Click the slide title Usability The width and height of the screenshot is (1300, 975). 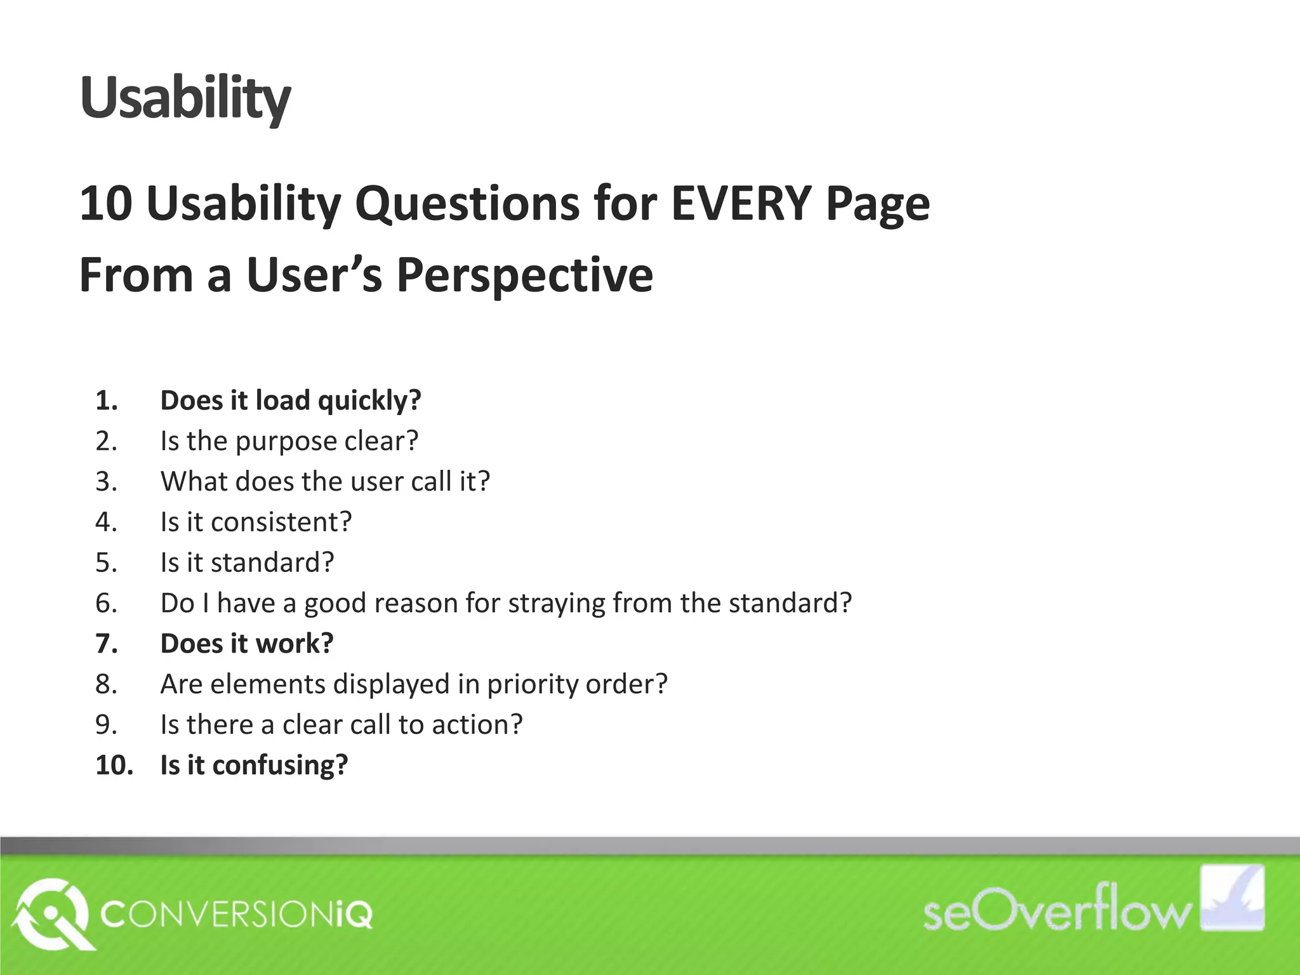(x=185, y=98)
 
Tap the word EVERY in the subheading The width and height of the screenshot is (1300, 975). (x=741, y=204)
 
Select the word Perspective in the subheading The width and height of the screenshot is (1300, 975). (x=524, y=275)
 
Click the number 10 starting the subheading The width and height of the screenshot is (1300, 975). (x=105, y=204)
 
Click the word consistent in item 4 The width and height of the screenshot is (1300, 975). (x=281, y=522)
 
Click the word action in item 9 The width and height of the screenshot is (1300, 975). (x=477, y=725)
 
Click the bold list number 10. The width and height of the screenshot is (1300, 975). (x=114, y=765)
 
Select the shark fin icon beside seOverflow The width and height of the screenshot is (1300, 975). (x=1232, y=898)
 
